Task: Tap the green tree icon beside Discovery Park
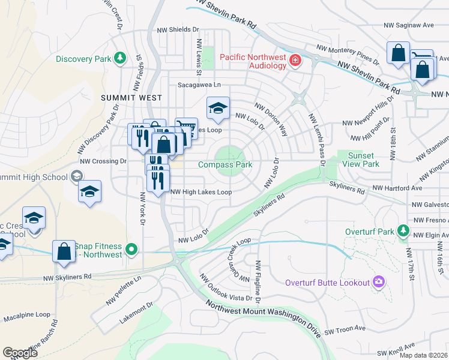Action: point(121,58)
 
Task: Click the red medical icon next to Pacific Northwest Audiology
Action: point(295,60)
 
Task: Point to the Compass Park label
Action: point(225,164)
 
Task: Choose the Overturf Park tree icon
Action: point(404,231)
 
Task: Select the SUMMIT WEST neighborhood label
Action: point(131,97)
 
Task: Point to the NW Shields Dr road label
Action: point(178,29)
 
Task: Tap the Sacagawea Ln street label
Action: point(199,86)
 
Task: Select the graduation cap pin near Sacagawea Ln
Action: point(218,108)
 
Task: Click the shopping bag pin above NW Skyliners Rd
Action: point(64,251)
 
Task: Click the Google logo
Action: point(20,353)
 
